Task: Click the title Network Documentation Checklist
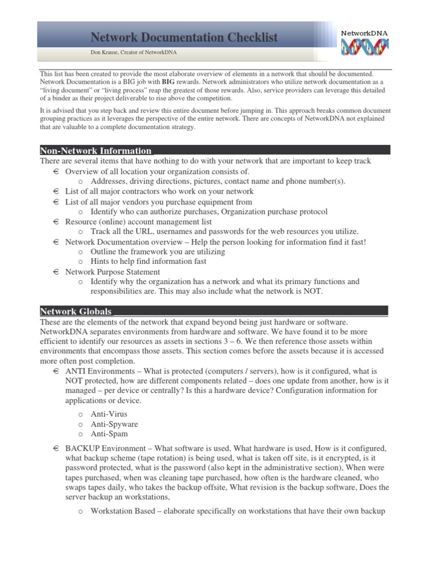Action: click(x=184, y=38)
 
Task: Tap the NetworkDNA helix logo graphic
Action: click(x=365, y=47)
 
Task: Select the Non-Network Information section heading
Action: click(x=95, y=150)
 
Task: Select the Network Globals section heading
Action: click(x=76, y=311)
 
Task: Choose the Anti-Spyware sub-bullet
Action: click(x=114, y=424)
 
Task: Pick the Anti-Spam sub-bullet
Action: click(x=109, y=434)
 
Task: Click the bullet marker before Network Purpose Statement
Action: click(x=56, y=272)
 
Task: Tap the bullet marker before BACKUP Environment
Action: click(x=56, y=448)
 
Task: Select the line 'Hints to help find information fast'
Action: click(x=148, y=261)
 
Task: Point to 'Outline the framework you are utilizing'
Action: click(x=158, y=252)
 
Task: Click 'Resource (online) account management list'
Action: click(x=139, y=222)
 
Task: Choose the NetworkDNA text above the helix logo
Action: click(x=364, y=33)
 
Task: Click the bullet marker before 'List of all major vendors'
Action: click(x=56, y=202)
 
